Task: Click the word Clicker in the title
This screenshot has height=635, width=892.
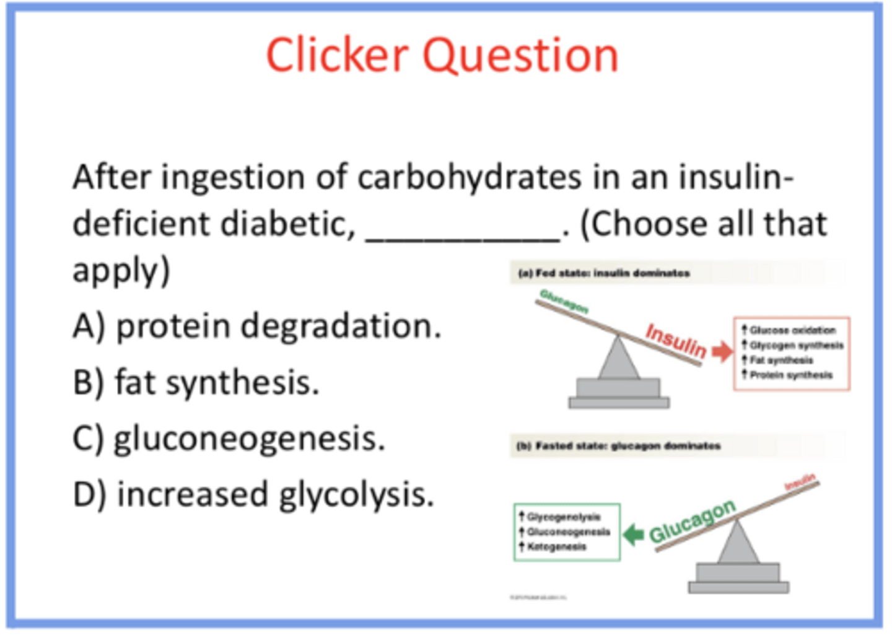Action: (x=338, y=56)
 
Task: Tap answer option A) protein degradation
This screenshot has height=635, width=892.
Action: (x=257, y=326)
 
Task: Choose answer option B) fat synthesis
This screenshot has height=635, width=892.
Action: (x=196, y=382)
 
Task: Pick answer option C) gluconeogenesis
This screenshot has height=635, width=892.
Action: (x=229, y=439)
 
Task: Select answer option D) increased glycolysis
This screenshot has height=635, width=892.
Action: (x=253, y=495)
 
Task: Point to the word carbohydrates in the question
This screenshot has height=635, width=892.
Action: (x=470, y=178)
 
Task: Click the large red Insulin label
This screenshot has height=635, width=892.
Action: (x=676, y=340)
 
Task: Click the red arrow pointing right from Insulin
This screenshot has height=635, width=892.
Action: (x=722, y=352)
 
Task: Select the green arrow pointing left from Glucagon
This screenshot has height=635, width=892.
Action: (x=633, y=534)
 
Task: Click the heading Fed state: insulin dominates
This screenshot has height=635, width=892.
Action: (x=605, y=273)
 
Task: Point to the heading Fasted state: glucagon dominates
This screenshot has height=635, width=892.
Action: (x=619, y=445)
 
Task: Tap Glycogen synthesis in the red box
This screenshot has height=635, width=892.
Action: (x=796, y=345)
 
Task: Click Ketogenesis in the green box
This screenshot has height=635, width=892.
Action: (x=556, y=546)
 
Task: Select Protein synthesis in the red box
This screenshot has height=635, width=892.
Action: (x=790, y=375)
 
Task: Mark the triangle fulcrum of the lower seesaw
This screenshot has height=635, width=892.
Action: (x=737, y=542)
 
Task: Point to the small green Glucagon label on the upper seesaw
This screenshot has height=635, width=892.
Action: (x=564, y=301)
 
